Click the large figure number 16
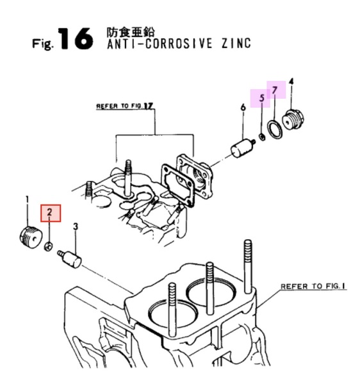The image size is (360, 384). click(x=76, y=38)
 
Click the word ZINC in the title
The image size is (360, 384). click(x=236, y=44)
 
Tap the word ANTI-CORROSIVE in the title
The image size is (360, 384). click(x=160, y=44)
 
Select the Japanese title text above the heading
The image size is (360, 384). click(x=131, y=32)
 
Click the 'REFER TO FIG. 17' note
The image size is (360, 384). click(x=124, y=106)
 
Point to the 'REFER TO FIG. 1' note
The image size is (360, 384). click(x=313, y=286)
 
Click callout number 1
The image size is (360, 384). click(x=27, y=199)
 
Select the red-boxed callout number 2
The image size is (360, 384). click(x=50, y=212)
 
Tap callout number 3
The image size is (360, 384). click(x=76, y=226)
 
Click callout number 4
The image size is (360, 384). click(x=291, y=81)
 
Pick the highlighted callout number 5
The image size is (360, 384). click(x=262, y=97)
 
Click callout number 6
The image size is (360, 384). click(x=243, y=107)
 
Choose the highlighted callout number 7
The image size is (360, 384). click(x=275, y=90)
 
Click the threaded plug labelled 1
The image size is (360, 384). click(x=31, y=237)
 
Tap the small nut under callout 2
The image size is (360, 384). click(x=48, y=246)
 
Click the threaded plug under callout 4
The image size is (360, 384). click(x=293, y=120)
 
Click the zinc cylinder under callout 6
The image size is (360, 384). click(x=243, y=147)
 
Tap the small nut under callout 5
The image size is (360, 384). click(x=262, y=137)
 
